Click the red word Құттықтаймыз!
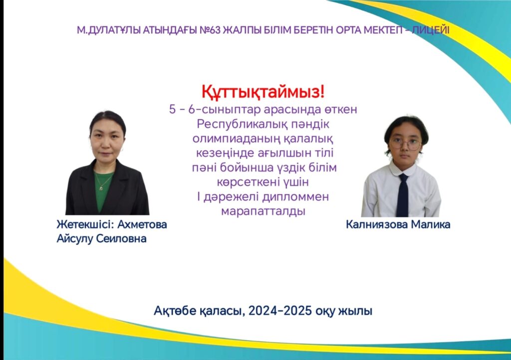pos(263,92)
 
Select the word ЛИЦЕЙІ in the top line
pos(431,30)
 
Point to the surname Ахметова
pos(142,224)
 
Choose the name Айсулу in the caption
pos(75,239)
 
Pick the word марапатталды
pos(263,211)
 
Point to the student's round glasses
pos(405,144)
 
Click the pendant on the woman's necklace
pos(101,188)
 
